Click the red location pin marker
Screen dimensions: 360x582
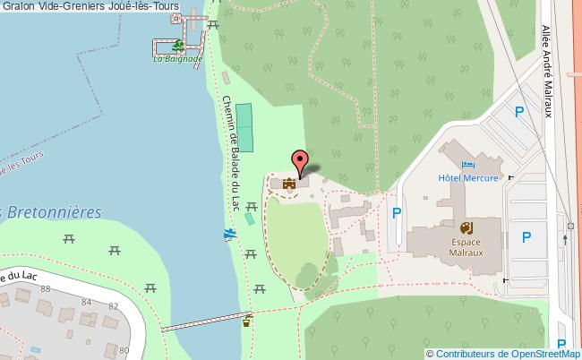[x=302, y=162]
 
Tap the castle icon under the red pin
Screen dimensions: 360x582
[x=289, y=184]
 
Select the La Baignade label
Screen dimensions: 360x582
[x=176, y=60]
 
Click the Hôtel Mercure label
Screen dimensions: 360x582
[x=468, y=177]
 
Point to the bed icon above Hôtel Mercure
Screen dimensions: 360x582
[x=468, y=165]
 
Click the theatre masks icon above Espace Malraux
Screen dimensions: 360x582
[x=466, y=228]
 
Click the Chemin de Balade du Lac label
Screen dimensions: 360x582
[x=232, y=152]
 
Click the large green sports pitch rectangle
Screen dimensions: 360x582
[x=244, y=127]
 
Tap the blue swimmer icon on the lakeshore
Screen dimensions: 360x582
[x=230, y=235]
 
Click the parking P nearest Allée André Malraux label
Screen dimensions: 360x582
[x=518, y=112]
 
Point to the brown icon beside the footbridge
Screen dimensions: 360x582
[x=246, y=320]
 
